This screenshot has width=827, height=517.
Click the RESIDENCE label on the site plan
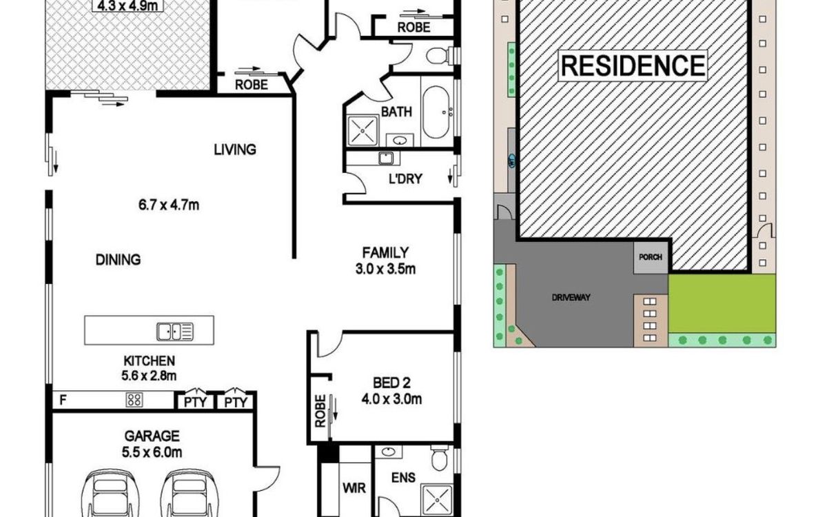(633, 65)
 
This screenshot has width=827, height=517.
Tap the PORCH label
(651, 257)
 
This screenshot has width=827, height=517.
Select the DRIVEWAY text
(571, 297)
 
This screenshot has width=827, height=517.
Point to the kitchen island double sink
(174, 332)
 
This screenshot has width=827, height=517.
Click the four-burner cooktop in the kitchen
(134, 400)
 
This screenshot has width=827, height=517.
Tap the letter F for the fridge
(63, 400)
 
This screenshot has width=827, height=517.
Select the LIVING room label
(235, 150)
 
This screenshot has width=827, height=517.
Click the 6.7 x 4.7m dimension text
(169, 205)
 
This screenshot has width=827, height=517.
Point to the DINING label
(118, 260)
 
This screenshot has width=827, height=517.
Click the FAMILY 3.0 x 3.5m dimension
(385, 270)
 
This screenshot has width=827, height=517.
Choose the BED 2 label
(391, 383)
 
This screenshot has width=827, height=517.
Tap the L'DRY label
(405, 179)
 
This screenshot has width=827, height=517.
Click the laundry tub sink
(386, 158)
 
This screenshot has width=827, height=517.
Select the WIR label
(354, 488)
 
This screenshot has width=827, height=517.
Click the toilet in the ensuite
(440, 457)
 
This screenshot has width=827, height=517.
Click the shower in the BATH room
(363, 130)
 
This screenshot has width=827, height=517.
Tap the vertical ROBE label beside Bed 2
(320, 411)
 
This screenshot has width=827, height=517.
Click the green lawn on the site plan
(722, 303)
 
